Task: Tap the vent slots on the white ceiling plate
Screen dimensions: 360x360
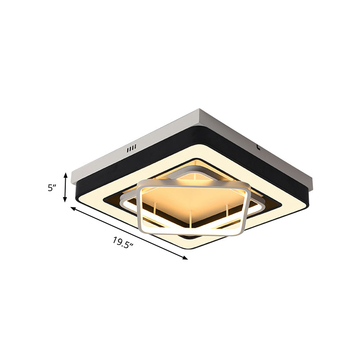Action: tap(131, 148)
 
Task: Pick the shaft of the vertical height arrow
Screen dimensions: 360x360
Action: tap(66, 187)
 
